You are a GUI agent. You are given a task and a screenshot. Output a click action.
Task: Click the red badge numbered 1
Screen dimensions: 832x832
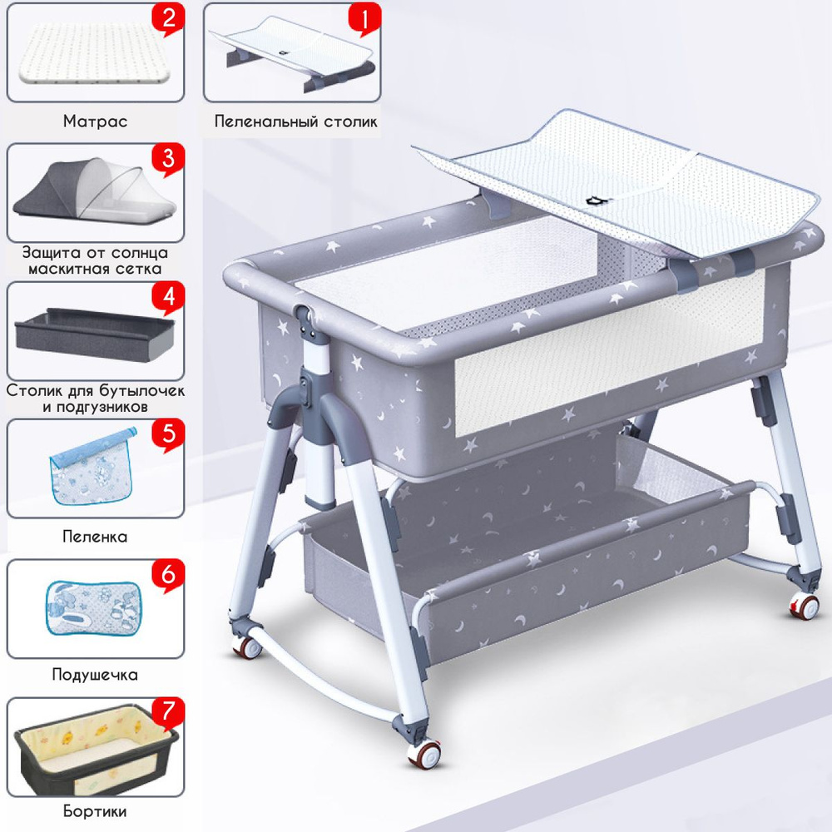click(364, 19)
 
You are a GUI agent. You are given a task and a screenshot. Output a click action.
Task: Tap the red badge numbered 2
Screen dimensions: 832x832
click(168, 19)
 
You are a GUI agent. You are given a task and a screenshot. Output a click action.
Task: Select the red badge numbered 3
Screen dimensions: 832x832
click(168, 158)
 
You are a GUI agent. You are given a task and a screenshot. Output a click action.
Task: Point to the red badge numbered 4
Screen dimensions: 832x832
click(168, 297)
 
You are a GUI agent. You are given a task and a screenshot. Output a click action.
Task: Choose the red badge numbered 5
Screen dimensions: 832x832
click(168, 434)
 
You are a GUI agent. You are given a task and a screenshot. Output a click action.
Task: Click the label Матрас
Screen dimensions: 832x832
click(96, 121)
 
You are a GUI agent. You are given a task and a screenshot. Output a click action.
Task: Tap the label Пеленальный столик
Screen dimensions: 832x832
click(296, 121)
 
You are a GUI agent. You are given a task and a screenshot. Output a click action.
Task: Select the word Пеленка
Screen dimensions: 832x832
click(95, 537)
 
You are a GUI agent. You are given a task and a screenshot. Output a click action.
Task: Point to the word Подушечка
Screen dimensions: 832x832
click(95, 675)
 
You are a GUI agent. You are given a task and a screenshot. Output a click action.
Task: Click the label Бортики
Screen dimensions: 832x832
click(95, 811)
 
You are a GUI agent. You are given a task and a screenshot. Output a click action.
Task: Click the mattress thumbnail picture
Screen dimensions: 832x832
click(94, 54)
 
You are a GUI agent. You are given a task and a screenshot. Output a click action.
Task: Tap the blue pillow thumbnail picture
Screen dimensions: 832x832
click(94, 608)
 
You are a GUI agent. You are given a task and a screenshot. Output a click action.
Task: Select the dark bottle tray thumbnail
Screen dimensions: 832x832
click(95, 334)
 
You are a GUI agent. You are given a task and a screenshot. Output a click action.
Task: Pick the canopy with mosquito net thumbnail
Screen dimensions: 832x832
click(94, 191)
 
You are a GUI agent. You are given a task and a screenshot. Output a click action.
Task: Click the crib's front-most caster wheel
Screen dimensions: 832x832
click(424, 752)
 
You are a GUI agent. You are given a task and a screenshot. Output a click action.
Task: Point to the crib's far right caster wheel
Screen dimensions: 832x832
click(804, 606)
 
